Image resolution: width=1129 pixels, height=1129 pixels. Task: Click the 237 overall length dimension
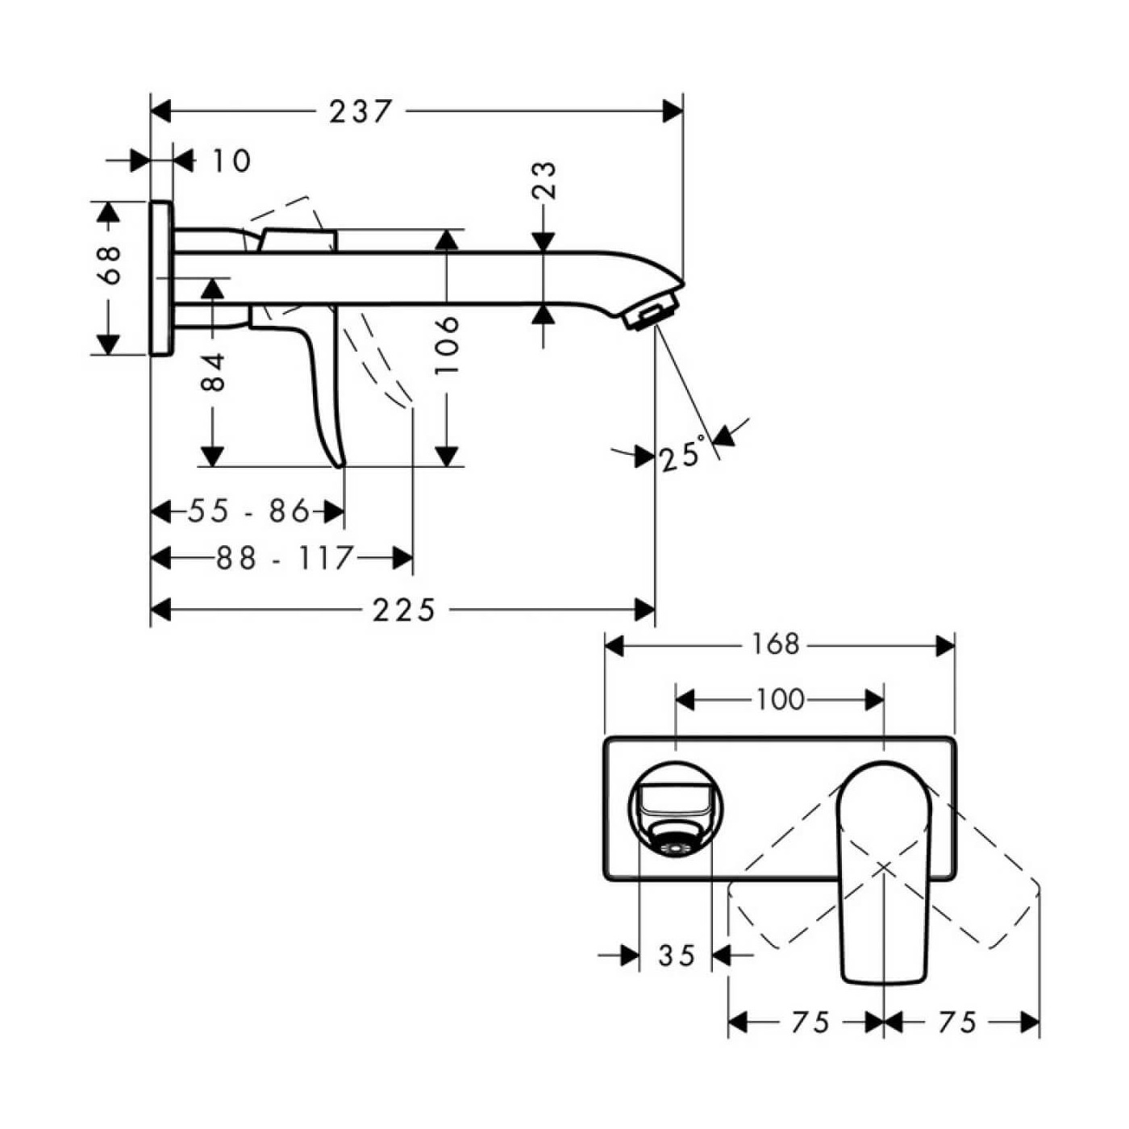coord(360,111)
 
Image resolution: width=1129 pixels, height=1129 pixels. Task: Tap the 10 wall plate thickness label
coord(231,161)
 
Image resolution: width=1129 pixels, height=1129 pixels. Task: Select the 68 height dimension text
coord(109,265)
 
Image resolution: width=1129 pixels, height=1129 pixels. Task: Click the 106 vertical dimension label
coord(446,345)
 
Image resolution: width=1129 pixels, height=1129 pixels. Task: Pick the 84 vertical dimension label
coord(213,371)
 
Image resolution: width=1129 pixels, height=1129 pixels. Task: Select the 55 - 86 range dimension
coord(248,511)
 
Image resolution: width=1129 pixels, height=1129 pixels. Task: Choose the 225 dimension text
coord(404,610)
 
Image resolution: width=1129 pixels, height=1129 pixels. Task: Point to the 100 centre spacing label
coord(780,699)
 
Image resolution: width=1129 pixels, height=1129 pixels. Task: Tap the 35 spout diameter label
coord(676,956)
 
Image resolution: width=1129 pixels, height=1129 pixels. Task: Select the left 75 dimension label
coord(810,1023)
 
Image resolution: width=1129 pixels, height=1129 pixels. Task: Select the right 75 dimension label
coord(957,1023)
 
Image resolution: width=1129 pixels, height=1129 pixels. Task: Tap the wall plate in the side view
coord(161,277)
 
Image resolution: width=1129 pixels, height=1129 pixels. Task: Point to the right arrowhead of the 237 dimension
coord(673,111)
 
